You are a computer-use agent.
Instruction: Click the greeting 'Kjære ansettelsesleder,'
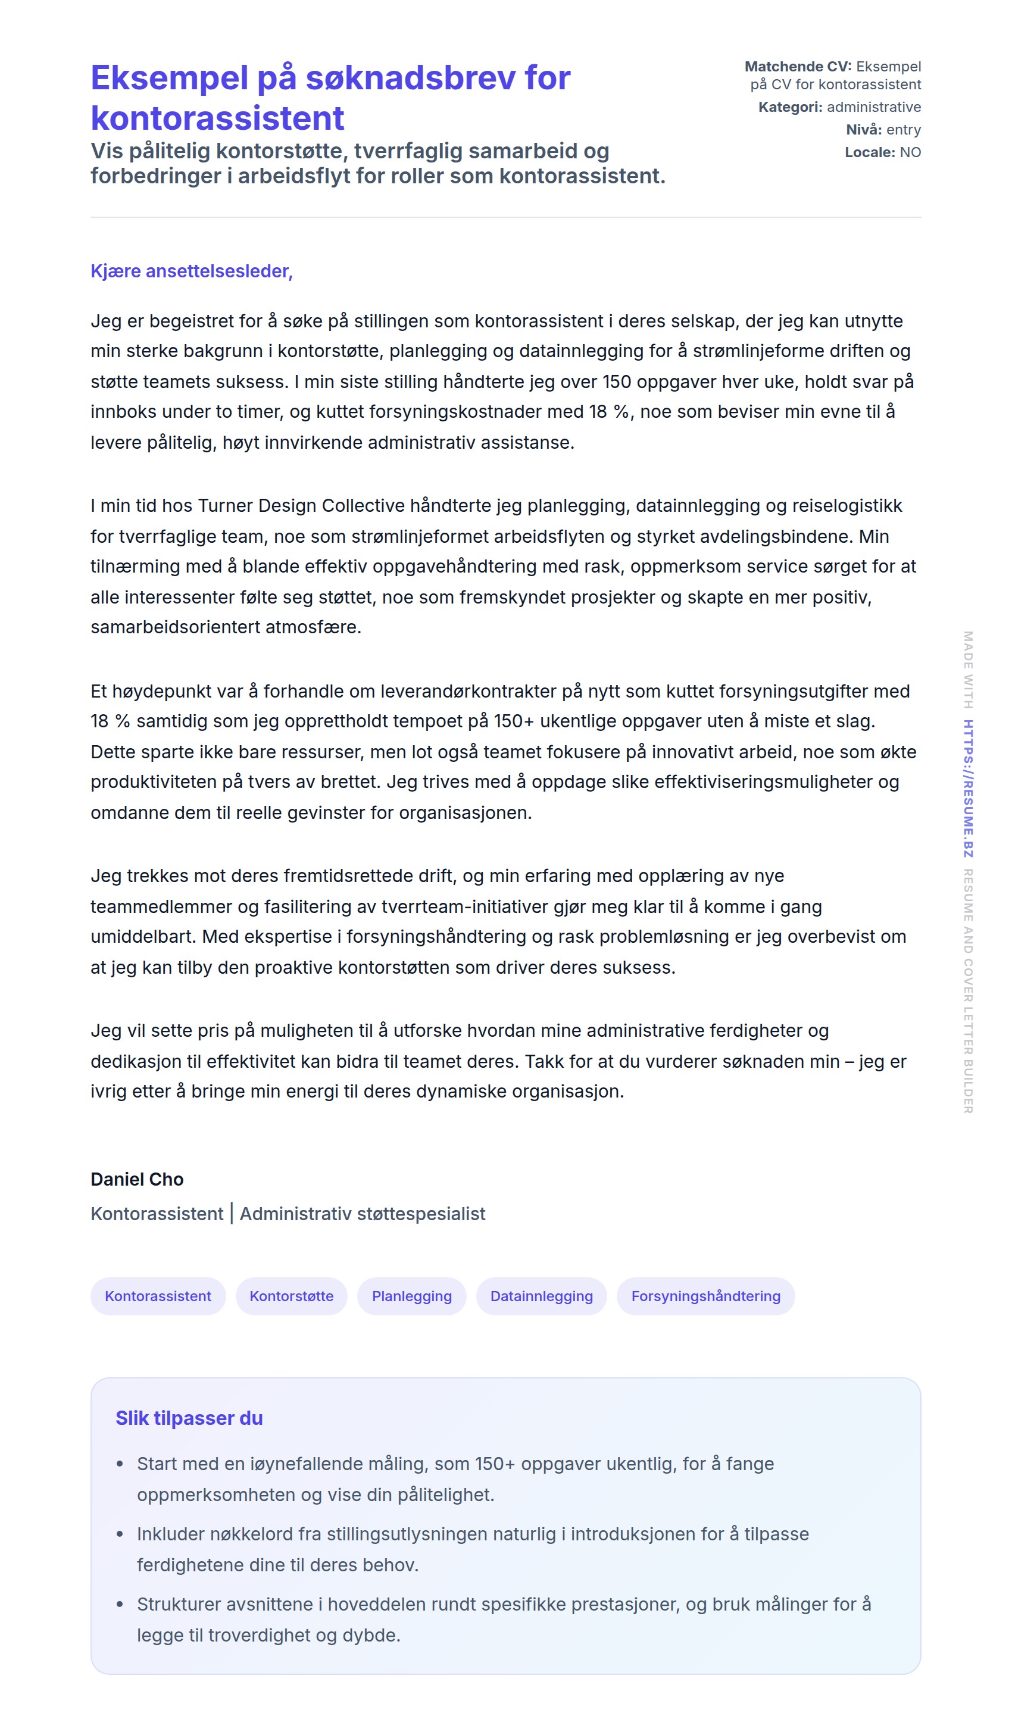(x=191, y=271)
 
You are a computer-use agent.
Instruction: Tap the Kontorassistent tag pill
(x=158, y=1296)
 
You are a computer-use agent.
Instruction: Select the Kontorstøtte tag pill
(x=292, y=1296)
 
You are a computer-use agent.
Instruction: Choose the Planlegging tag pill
(x=412, y=1296)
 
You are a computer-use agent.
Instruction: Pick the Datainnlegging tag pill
(x=541, y=1296)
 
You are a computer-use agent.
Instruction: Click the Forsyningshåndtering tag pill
(x=705, y=1296)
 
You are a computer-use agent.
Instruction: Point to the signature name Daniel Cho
(x=137, y=1180)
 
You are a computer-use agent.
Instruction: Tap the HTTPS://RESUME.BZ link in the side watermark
(x=968, y=789)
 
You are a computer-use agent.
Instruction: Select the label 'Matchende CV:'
(x=798, y=67)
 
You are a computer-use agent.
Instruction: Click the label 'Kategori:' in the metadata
(x=790, y=107)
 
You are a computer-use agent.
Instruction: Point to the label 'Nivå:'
(x=864, y=130)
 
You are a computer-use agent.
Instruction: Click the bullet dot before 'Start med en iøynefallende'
(x=120, y=1465)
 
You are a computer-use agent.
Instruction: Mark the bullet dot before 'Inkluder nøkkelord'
(x=120, y=1535)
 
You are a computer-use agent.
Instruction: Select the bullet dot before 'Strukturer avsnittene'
(x=120, y=1605)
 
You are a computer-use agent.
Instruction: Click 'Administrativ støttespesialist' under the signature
(x=363, y=1214)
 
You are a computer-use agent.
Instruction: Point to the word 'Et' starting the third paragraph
(x=99, y=692)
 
